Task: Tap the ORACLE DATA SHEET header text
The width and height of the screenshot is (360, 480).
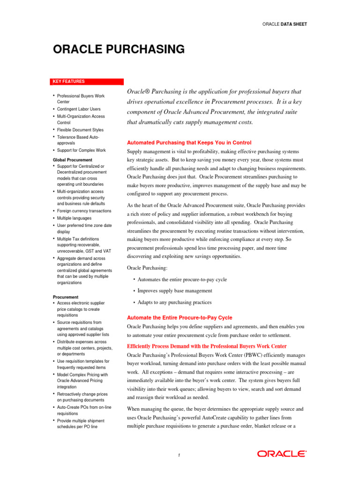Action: (x=285, y=24)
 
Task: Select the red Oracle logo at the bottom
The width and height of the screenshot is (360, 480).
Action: (x=282, y=454)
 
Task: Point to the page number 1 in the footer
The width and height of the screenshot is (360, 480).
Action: (x=180, y=455)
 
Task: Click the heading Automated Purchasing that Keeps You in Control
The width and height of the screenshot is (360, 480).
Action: (x=189, y=142)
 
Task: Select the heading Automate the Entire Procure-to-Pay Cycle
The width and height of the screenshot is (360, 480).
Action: (x=180, y=317)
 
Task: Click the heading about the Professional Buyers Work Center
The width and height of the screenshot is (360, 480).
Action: (x=207, y=346)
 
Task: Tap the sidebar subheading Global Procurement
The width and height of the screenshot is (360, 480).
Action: (x=73, y=160)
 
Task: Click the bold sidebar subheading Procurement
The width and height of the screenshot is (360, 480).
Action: (x=66, y=297)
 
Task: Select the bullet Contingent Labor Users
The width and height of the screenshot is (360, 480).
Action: (x=80, y=109)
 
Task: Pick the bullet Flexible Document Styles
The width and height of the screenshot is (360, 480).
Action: (x=80, y=130)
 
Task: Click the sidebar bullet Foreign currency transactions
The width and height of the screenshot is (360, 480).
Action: (x=84, y=211)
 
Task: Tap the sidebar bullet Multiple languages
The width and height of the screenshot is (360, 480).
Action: (x=74, y=218)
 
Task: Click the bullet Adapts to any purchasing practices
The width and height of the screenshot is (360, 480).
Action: (x=174, y=302)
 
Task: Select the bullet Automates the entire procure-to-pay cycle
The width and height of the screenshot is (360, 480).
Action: (x=182, y=279)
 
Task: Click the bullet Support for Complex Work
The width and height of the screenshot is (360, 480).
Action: (x=81, y=150)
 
